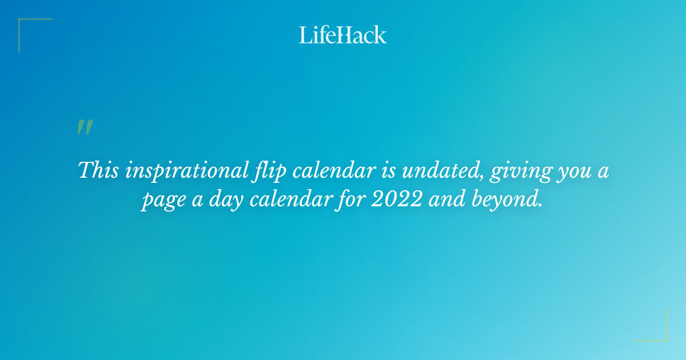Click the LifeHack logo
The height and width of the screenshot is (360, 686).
pos(343,35)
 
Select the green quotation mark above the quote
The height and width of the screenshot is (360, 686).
pos(85,127)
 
